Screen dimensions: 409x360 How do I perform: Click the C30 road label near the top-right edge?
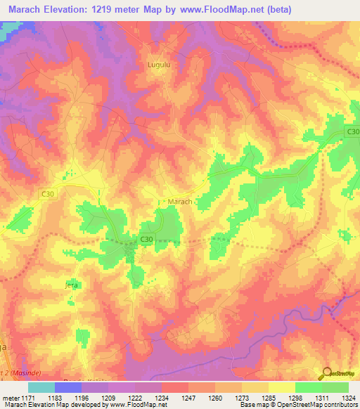tap(352, 132)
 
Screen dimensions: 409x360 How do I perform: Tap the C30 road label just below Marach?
tap(146, 240)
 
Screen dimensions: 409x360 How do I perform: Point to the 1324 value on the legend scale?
tap(349, 397)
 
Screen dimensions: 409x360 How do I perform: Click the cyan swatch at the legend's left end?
tap(41, 387)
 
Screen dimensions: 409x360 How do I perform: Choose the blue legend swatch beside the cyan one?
tap(67, 387)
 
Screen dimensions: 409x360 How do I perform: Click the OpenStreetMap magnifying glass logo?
tap(326, 374)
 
